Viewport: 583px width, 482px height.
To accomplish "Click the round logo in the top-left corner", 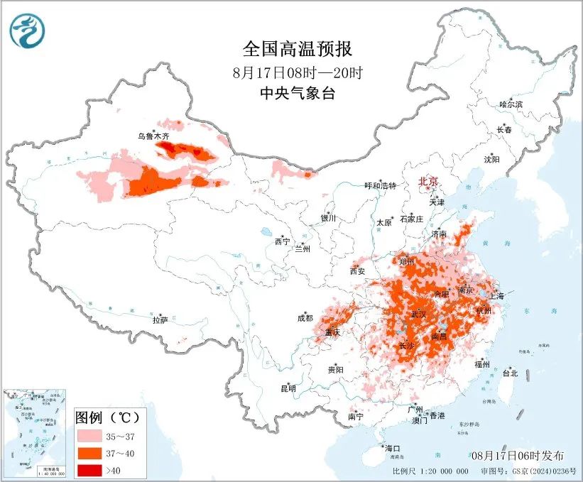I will click(27, 31).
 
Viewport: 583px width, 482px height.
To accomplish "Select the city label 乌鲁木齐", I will click(154, 136).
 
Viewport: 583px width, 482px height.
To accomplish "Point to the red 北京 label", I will click(429, 182).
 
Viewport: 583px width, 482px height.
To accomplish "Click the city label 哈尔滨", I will click(511, 104).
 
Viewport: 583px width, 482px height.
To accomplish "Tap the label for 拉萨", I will click(160, 320).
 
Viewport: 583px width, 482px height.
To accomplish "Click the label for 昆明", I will click(288, 388).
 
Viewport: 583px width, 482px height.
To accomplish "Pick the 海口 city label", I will click(393, 448).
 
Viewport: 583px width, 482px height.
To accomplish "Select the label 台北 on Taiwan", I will click(510, 373).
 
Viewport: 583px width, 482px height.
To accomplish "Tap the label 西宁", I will click(282, 241).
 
